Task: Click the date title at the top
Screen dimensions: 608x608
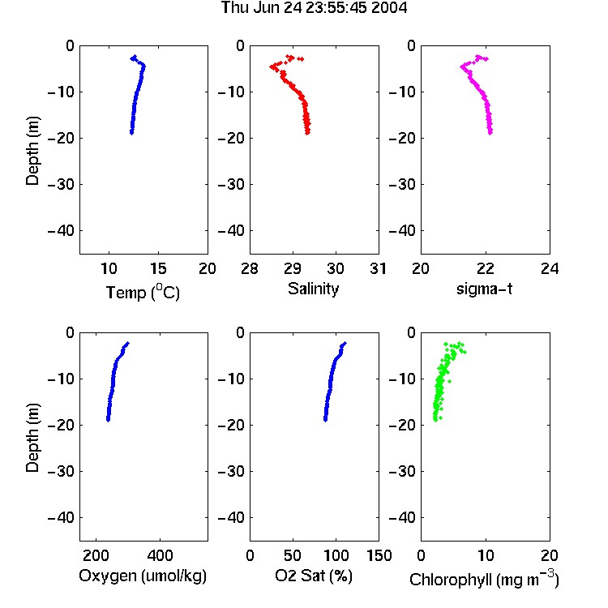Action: coord(314,8)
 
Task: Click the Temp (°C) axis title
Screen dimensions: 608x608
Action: coord(143,292)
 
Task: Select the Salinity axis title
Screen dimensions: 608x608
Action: coord(313,289)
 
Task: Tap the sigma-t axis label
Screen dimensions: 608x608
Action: coord(484,289)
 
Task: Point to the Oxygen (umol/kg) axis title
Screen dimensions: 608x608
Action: coord(143,576)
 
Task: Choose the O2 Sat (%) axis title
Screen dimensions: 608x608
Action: coord(314,576)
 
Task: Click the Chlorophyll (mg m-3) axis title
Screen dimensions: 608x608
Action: coord(484,579)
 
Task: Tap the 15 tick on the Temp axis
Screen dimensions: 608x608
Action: coord(158,268)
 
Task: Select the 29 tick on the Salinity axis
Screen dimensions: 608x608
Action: coord(293,268)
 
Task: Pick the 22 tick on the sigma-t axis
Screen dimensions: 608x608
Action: coord(485,268)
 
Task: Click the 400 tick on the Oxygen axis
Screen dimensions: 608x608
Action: coord(160,555)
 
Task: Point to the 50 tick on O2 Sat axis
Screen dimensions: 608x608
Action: coord(293,555)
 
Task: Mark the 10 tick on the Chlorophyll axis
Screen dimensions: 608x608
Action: coord(486,555)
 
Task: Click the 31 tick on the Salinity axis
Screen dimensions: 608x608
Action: coord(379,268)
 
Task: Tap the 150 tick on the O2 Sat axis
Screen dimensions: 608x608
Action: coord(379,555)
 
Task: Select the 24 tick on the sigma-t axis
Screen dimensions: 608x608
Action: coord(550,268)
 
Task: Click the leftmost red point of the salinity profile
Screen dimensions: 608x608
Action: coord(272,66)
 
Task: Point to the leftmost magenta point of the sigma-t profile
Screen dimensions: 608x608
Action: coord(462,66)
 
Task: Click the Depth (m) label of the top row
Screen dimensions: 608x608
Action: coord(32,151)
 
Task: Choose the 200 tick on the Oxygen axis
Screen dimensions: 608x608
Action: coord(96,555)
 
